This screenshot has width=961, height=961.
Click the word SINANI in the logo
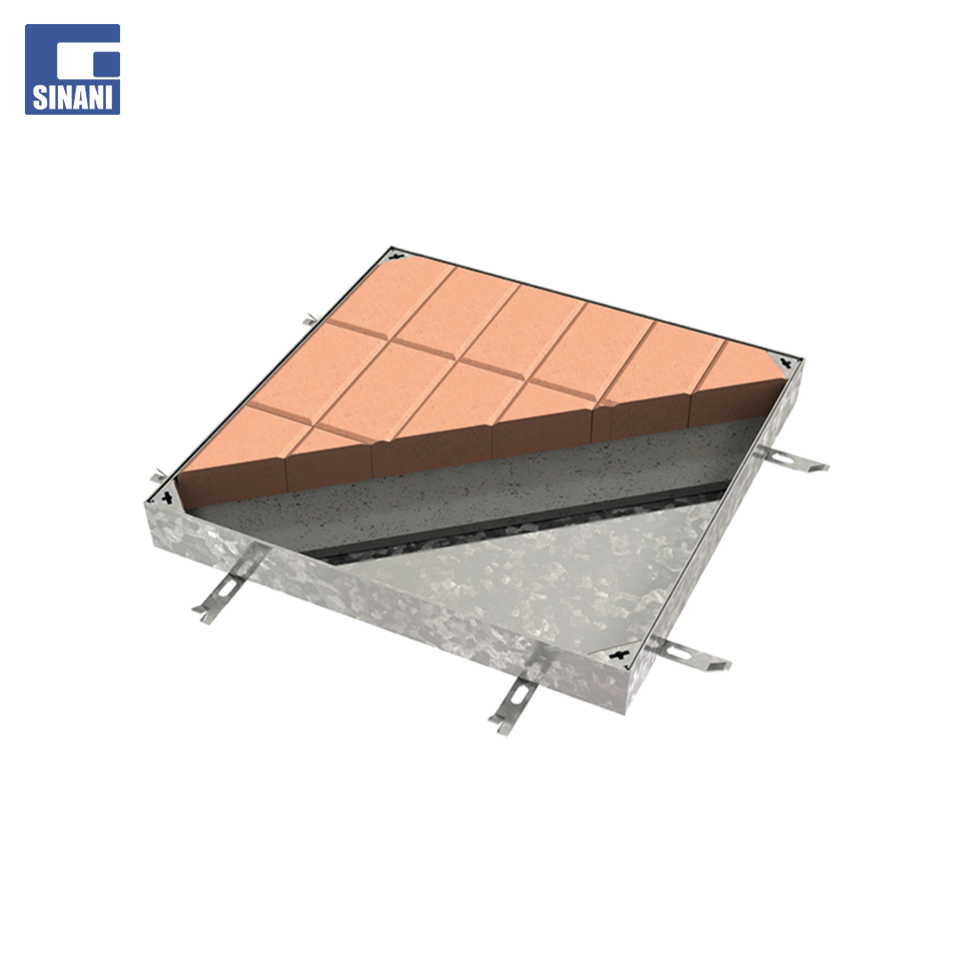click(72, 98)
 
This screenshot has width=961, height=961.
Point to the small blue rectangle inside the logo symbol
click(107, 65)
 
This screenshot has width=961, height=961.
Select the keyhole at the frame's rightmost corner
click(787, 363)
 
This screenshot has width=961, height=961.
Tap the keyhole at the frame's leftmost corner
click(166, 497)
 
